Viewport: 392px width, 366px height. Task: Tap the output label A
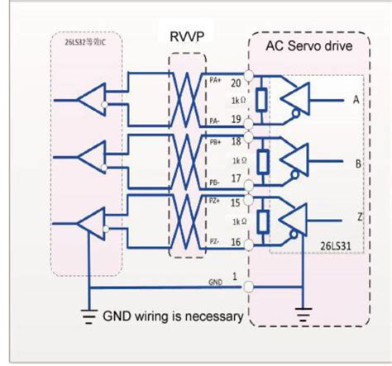[356, 100]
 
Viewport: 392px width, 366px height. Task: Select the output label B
[357, 164]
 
